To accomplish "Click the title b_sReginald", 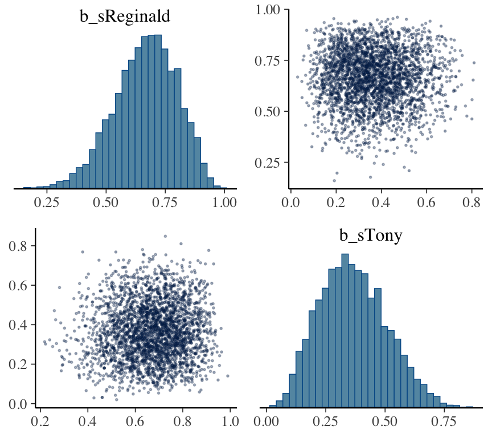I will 125,17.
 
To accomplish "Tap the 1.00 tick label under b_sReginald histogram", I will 223,202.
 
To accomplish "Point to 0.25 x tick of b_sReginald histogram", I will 46,202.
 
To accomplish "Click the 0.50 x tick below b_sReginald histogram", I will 105,202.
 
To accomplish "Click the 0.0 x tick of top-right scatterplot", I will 292,202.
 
